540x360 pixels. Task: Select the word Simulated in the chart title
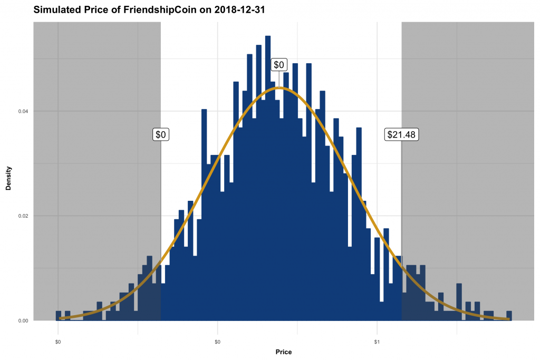57,9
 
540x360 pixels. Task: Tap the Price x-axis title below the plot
283,352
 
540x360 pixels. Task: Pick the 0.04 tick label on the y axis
23,111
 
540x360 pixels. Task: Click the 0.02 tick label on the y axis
23,216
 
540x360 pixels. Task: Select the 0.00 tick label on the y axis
23,320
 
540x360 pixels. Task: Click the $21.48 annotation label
401,134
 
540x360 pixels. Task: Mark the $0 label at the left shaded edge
160,134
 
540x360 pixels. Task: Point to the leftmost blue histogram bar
59,316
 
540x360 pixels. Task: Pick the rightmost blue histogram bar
509,316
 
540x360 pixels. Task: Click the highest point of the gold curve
279,87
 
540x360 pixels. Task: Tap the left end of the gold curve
60,318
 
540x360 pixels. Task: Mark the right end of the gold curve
508,318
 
